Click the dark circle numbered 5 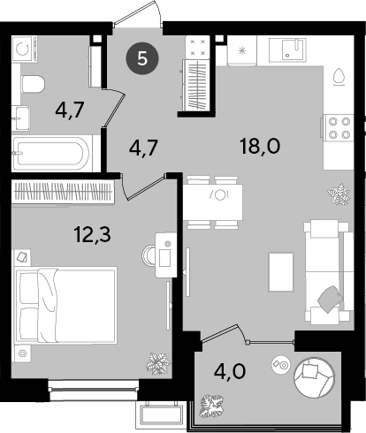click(142, 59)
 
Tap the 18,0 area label click(260, 147)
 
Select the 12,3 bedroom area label click(93, 234)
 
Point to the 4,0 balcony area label click(230, 371)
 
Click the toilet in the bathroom click(33, 84)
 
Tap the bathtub click(52, 153)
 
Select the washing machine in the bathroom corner click(25, 49)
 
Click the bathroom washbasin click(21, 118)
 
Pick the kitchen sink click(287, 50)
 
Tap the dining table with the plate click(213, 202)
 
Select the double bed click(65, 305)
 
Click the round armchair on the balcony click(314, 377)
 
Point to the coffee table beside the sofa click(281, 272)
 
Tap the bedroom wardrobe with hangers click(63, 192)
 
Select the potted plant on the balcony click(212, 406)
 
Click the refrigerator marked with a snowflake click(242, 50)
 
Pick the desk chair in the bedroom click(149, 255)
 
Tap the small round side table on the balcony click(281, 364)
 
